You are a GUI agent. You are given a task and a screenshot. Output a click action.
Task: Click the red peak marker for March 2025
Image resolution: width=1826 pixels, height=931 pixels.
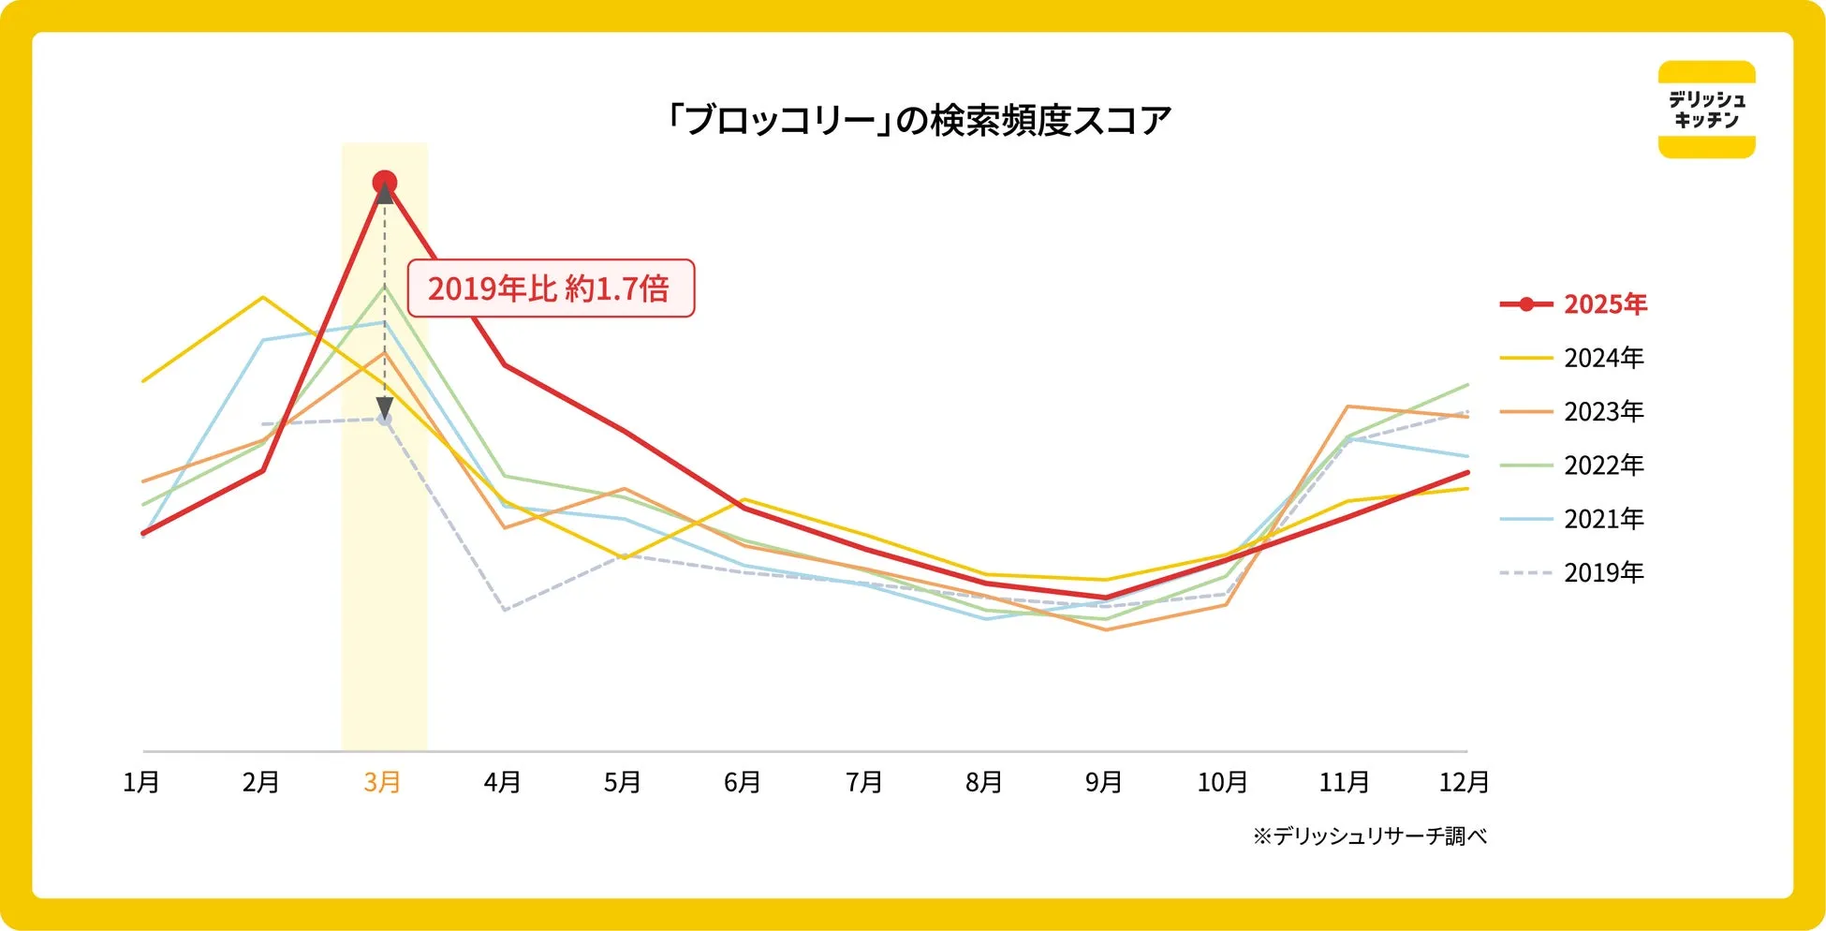[384, 183]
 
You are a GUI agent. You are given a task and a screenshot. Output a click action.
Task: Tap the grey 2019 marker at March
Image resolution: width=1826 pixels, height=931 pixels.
[384, 419]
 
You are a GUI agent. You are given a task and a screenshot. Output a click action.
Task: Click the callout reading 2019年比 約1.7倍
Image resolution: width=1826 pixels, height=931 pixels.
[550, 288]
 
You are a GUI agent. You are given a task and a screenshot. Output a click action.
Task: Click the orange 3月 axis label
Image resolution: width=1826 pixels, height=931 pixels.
[382, 782]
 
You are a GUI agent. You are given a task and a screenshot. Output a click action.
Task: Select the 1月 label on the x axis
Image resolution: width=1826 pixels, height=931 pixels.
[141, 782]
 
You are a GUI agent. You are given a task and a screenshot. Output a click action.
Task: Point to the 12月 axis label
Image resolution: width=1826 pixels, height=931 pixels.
[1464, 782]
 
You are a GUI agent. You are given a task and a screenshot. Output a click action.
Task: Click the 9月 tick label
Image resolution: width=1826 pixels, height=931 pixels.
[1103, 782]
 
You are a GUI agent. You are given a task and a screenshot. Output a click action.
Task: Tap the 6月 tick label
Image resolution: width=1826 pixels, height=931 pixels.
[743, 782]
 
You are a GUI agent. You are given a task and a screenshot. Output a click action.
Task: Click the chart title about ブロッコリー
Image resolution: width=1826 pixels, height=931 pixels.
[917, 121]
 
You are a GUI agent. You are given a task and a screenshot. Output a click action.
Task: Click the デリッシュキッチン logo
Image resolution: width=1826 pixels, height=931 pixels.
[1706, 110]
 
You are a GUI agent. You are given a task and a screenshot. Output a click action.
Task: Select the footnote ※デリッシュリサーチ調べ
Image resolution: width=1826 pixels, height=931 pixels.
[1369, 836]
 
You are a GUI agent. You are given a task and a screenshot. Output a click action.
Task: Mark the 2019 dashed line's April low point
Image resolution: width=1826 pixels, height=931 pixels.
[505, 610]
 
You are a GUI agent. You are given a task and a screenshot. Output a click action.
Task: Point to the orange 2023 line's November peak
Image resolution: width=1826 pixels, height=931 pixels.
[1347, 406]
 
